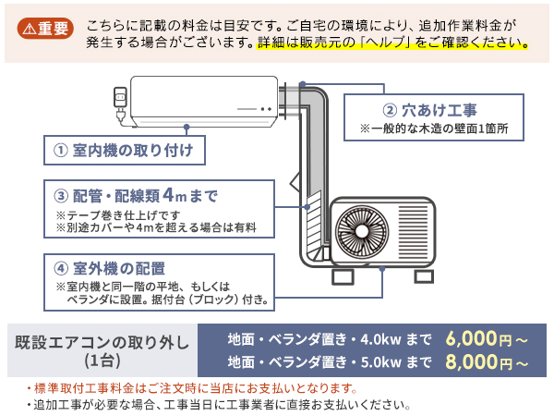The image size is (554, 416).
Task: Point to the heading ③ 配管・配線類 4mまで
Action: coord(136,195)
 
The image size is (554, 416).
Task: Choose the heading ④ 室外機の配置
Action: coord(110,268)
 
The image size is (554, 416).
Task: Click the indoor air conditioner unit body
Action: coord(203,100)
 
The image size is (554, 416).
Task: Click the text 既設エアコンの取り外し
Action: coord(102,341)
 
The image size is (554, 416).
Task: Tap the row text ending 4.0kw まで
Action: coord(330,338)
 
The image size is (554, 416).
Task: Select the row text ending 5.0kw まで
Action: coord(330,361)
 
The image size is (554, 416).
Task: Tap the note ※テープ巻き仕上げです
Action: coord(124,215)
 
